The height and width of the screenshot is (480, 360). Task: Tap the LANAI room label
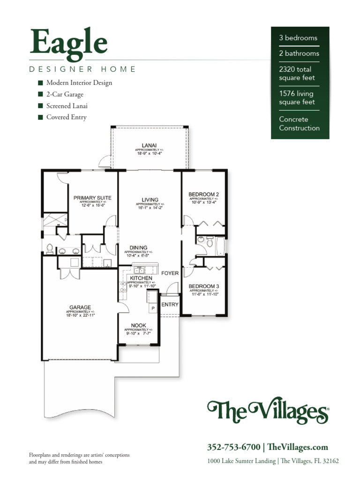(x=149, y=145)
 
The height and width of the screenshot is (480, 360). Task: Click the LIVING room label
(x=150, y=200)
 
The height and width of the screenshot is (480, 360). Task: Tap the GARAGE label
(x=80, y=307)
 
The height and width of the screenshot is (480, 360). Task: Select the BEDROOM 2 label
(x=203, y=194)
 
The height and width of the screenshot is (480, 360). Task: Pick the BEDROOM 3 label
(x=203, y=286)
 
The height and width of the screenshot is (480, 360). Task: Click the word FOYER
(x=170, y=273)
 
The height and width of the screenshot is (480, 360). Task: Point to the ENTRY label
(x=170, y=305)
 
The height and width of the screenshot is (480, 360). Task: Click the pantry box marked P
(x=152, y=308)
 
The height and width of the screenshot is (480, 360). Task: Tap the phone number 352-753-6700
(x=233, y=447)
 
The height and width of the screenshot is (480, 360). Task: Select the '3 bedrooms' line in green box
(x=298, y=38)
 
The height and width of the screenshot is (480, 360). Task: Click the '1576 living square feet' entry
(x=297, y=98)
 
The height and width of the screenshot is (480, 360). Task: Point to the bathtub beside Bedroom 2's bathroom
(x=220, y=246)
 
